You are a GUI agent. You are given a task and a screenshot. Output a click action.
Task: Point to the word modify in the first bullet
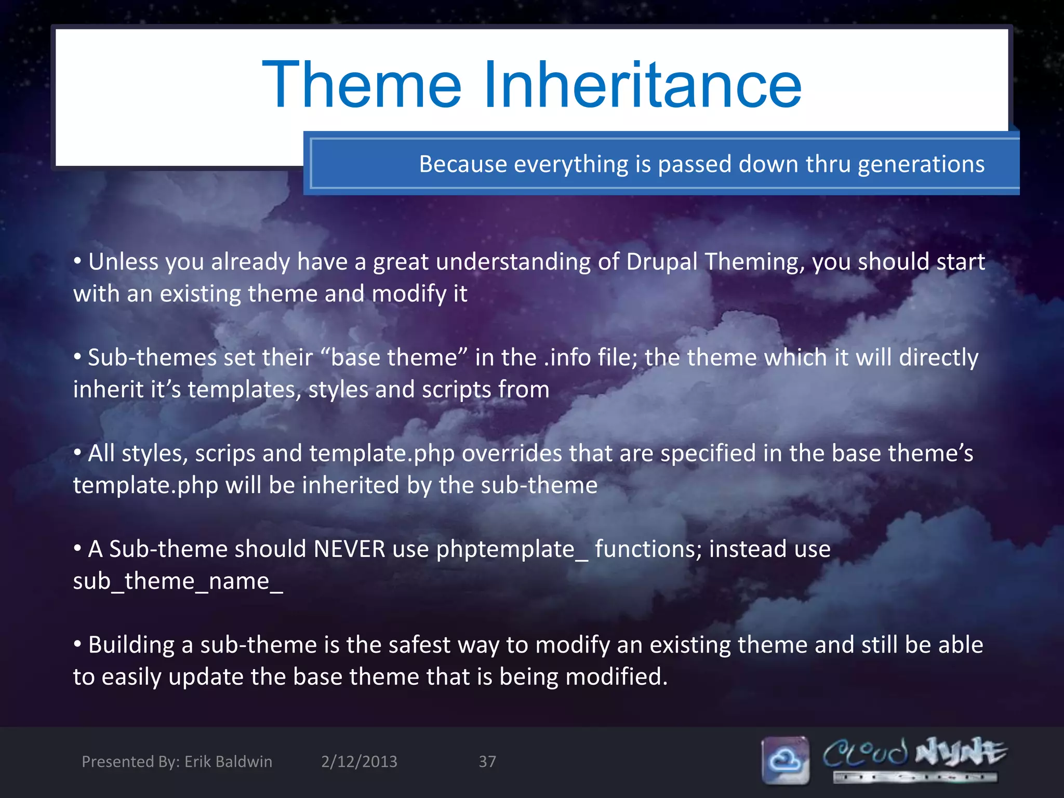(409, 295)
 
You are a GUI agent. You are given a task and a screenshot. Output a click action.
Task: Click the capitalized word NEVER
(349, 550)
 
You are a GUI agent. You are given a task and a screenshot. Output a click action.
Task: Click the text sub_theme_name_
(178, 582)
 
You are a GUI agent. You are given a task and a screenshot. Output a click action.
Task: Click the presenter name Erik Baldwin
(228, 762)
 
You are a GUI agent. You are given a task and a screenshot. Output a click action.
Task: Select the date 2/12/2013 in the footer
(359, 762)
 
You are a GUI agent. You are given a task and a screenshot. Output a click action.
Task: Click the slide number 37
(487, 762)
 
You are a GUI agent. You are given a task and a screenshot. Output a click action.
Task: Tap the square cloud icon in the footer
(785, 760)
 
